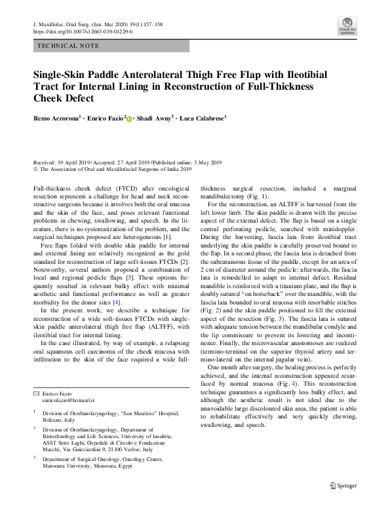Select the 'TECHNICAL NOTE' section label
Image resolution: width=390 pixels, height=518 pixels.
click(69, 46)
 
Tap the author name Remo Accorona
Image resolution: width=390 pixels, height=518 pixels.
click(58, 119)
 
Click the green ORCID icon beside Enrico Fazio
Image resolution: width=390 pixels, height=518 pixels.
click(129, 119)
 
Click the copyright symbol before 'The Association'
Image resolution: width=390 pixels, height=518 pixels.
click(35, 169)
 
